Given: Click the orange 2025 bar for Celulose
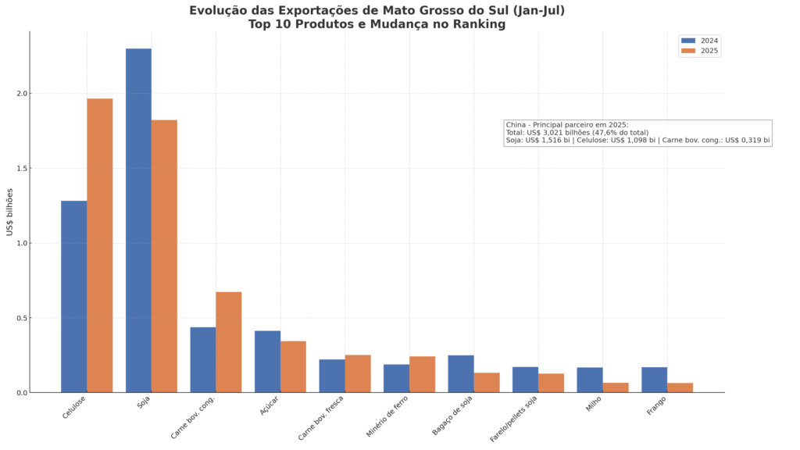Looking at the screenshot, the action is coord(100,245).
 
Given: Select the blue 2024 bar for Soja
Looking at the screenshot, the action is coord(139,220).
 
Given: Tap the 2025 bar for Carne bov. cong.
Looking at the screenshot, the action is coord(229,342).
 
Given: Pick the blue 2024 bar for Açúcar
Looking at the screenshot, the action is coord(268,362).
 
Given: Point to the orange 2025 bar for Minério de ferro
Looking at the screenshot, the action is coord(423,374).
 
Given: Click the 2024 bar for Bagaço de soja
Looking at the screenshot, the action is coord(461,374).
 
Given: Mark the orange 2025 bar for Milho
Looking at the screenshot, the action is coord(616,387).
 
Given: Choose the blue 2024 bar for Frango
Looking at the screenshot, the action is coord(655,380).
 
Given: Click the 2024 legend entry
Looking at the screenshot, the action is coord(699,41).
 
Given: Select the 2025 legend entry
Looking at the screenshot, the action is coord(699,51).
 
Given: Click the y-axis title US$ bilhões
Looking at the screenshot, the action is coord(9,212).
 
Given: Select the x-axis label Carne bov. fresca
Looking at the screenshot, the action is coord(321,418).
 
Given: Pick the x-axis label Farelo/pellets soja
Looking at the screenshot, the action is coord(513,419).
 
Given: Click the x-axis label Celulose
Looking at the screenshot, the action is coord(73,408).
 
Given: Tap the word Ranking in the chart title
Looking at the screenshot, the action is coord(480,24).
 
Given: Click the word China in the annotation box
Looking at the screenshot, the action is coord(516,125).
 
